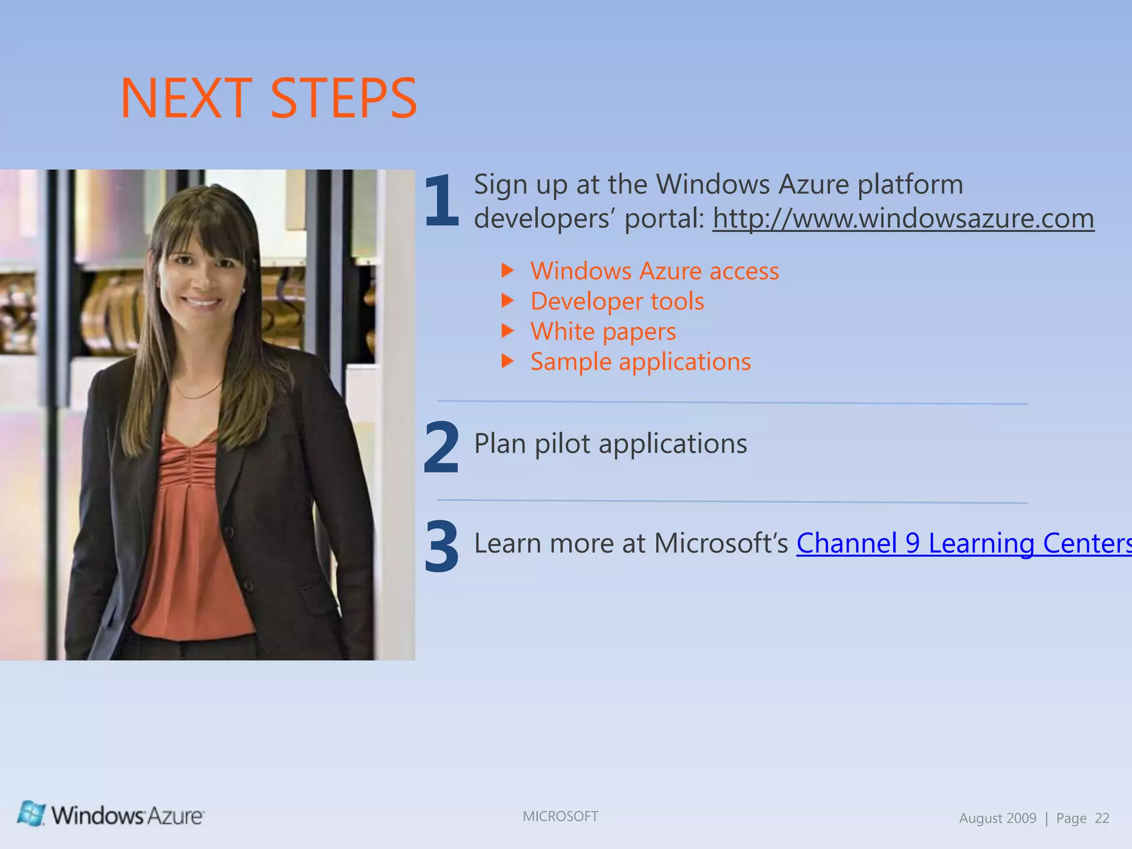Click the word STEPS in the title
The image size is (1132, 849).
tap(344, 98)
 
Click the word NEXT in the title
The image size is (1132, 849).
tap(186, 98)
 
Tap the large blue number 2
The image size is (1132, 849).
tap(441, 448)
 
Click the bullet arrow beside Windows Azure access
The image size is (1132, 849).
tap(507, 270)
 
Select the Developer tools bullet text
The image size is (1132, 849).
tap(617, 302)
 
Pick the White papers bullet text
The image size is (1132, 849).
tap(602, 332)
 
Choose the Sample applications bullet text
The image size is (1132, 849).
tap(640, 362)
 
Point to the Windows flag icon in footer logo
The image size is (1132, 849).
tap(31, 814)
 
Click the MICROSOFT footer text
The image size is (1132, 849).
tap(560, 816)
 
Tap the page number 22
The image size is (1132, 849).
tap(1102, 819)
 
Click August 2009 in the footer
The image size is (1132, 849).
tap(997, 819)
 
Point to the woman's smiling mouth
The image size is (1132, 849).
tap(201, 302)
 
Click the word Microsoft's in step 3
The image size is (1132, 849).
tap(721, 543)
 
